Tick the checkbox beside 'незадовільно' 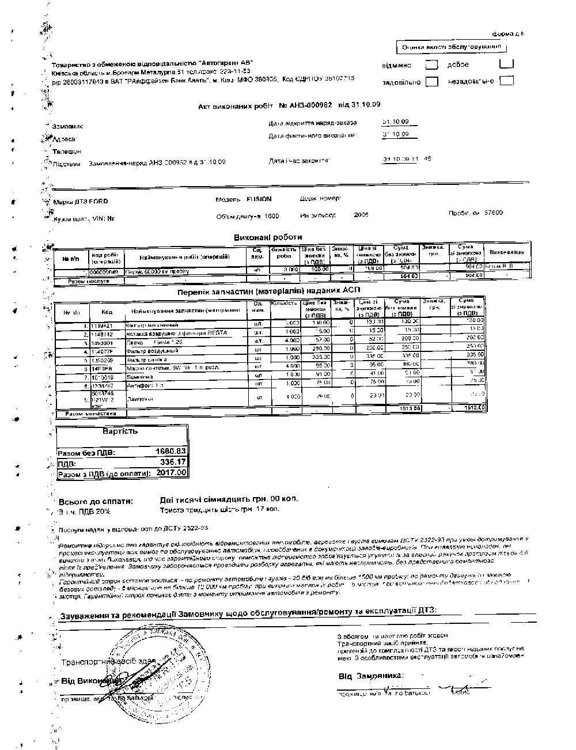coord(507,81)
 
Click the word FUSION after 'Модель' coord(259,199)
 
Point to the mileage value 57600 coord(493,213)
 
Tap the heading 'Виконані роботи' coord(267,237)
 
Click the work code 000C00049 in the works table coord(104,269)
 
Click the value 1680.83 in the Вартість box coord(171,452)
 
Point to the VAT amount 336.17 coord(173,462)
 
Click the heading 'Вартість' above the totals coord(120,431)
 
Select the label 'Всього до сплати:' coord(96,501)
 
